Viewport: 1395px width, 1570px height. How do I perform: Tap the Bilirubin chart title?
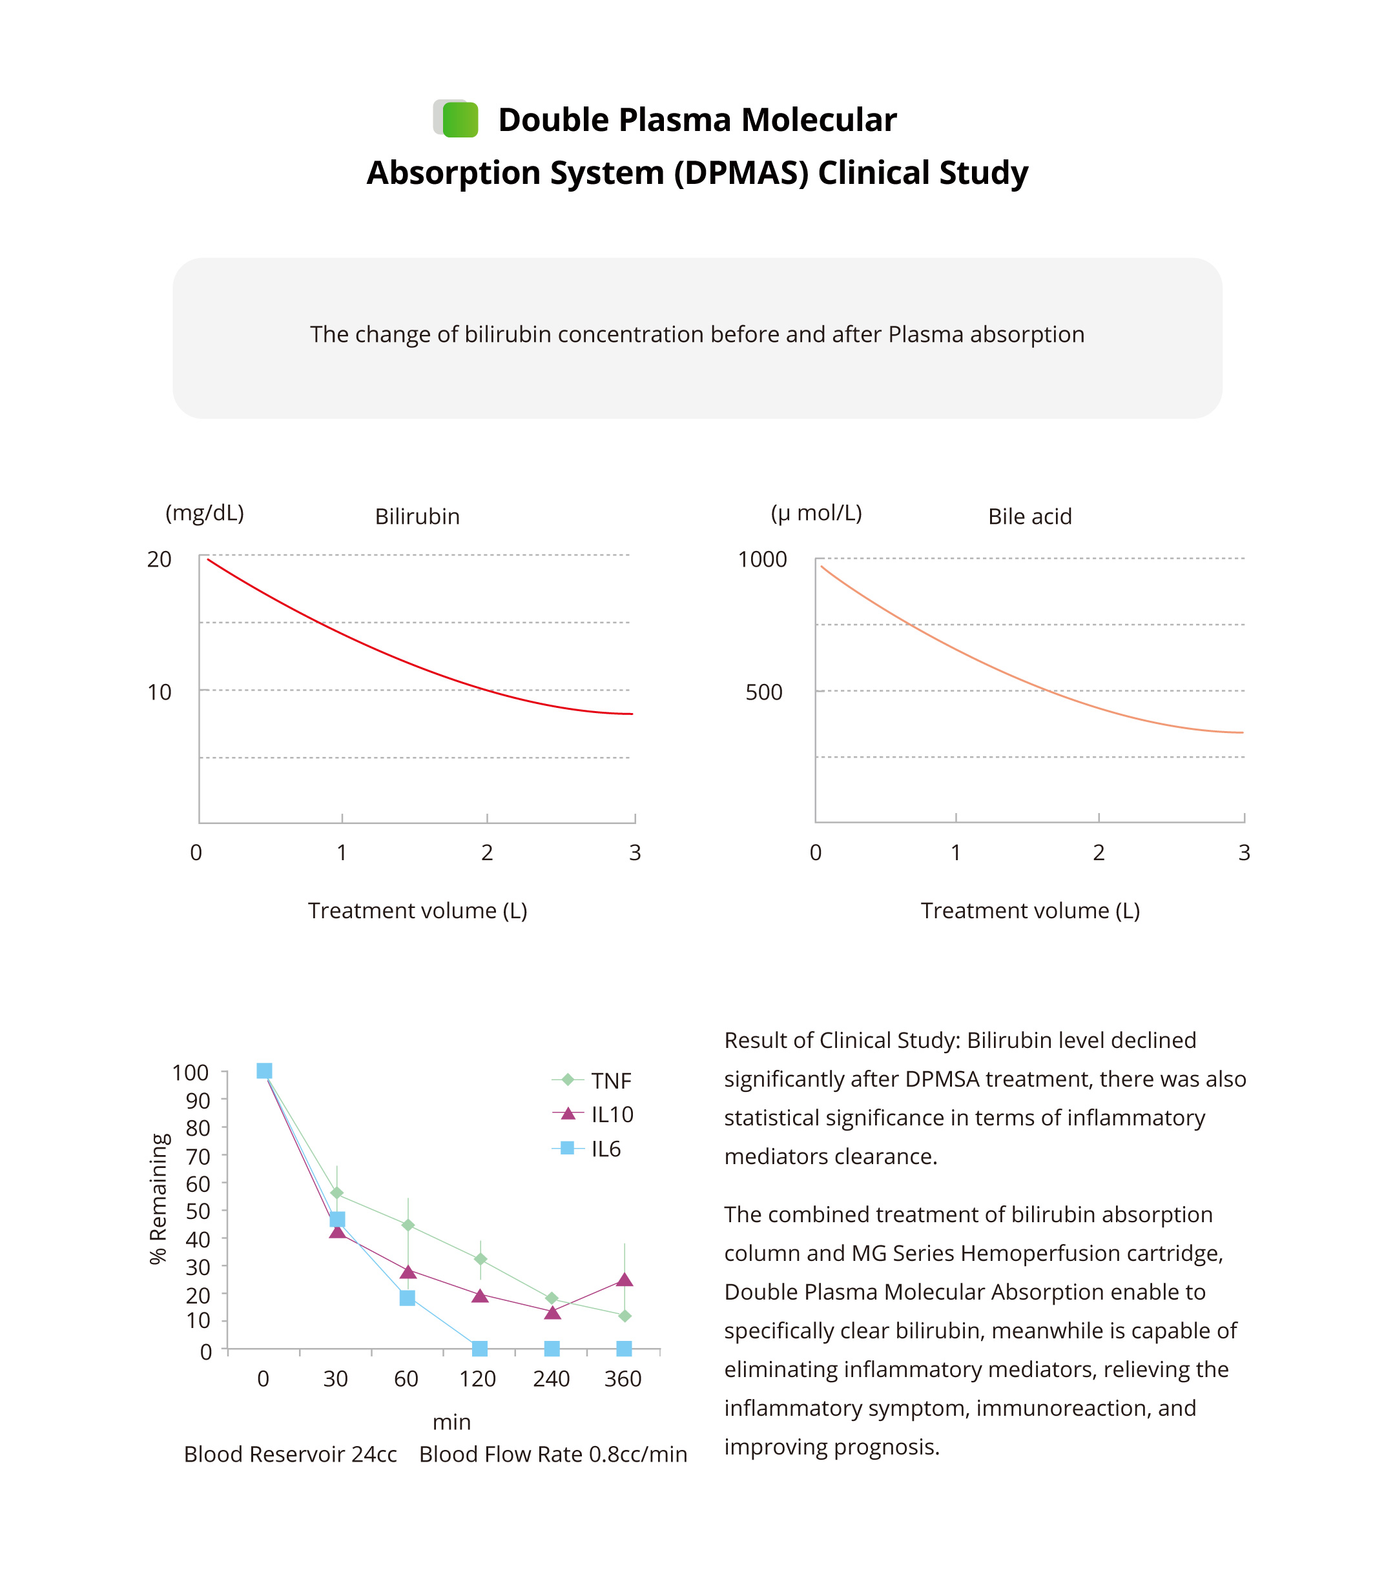click(417, 516)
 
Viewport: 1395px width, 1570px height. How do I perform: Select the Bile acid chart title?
click(1029, 516)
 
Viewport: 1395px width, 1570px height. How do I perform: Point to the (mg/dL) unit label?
click(205, 513)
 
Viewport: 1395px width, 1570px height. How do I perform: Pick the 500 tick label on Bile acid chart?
click(763, 692)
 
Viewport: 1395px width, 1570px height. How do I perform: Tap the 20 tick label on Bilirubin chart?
click(159, 559)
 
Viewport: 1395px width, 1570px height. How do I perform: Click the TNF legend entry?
click(610, 1081)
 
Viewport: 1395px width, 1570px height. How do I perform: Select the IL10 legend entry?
click(611, 1114)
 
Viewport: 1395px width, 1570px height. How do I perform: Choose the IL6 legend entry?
click(605, 1149)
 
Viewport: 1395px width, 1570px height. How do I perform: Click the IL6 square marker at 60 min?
click(408, 1298)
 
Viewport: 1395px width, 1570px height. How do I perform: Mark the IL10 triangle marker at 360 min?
click(624, 1280)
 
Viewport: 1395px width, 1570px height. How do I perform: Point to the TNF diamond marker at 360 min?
click(624, 1316)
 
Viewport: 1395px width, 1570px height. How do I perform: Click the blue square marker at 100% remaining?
click(263, 1071)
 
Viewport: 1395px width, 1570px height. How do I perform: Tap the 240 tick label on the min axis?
click(551, 1380)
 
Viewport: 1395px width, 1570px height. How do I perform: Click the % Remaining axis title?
click(158, 1199)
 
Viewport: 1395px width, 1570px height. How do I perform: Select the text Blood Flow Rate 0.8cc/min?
click(553, 1454)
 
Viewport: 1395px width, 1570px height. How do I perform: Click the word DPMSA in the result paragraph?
click(942, 1079)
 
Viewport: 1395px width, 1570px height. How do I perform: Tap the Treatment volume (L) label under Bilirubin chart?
click(417, 911)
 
